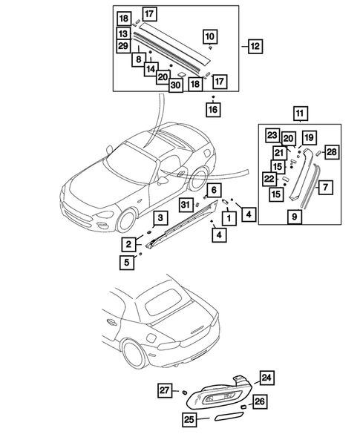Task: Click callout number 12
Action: click(255, 46)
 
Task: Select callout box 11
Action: click(300, 114)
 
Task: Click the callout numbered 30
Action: click(175, 85)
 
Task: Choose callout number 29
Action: click(123, 46)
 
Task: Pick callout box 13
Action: click(123, 34)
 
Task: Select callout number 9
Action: click(294, 217)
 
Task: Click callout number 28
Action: click(331, 152)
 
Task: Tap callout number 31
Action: click(186, 205)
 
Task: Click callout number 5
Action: click(128, 260)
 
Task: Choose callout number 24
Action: click(266, 378)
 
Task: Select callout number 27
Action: click(166, 389)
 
